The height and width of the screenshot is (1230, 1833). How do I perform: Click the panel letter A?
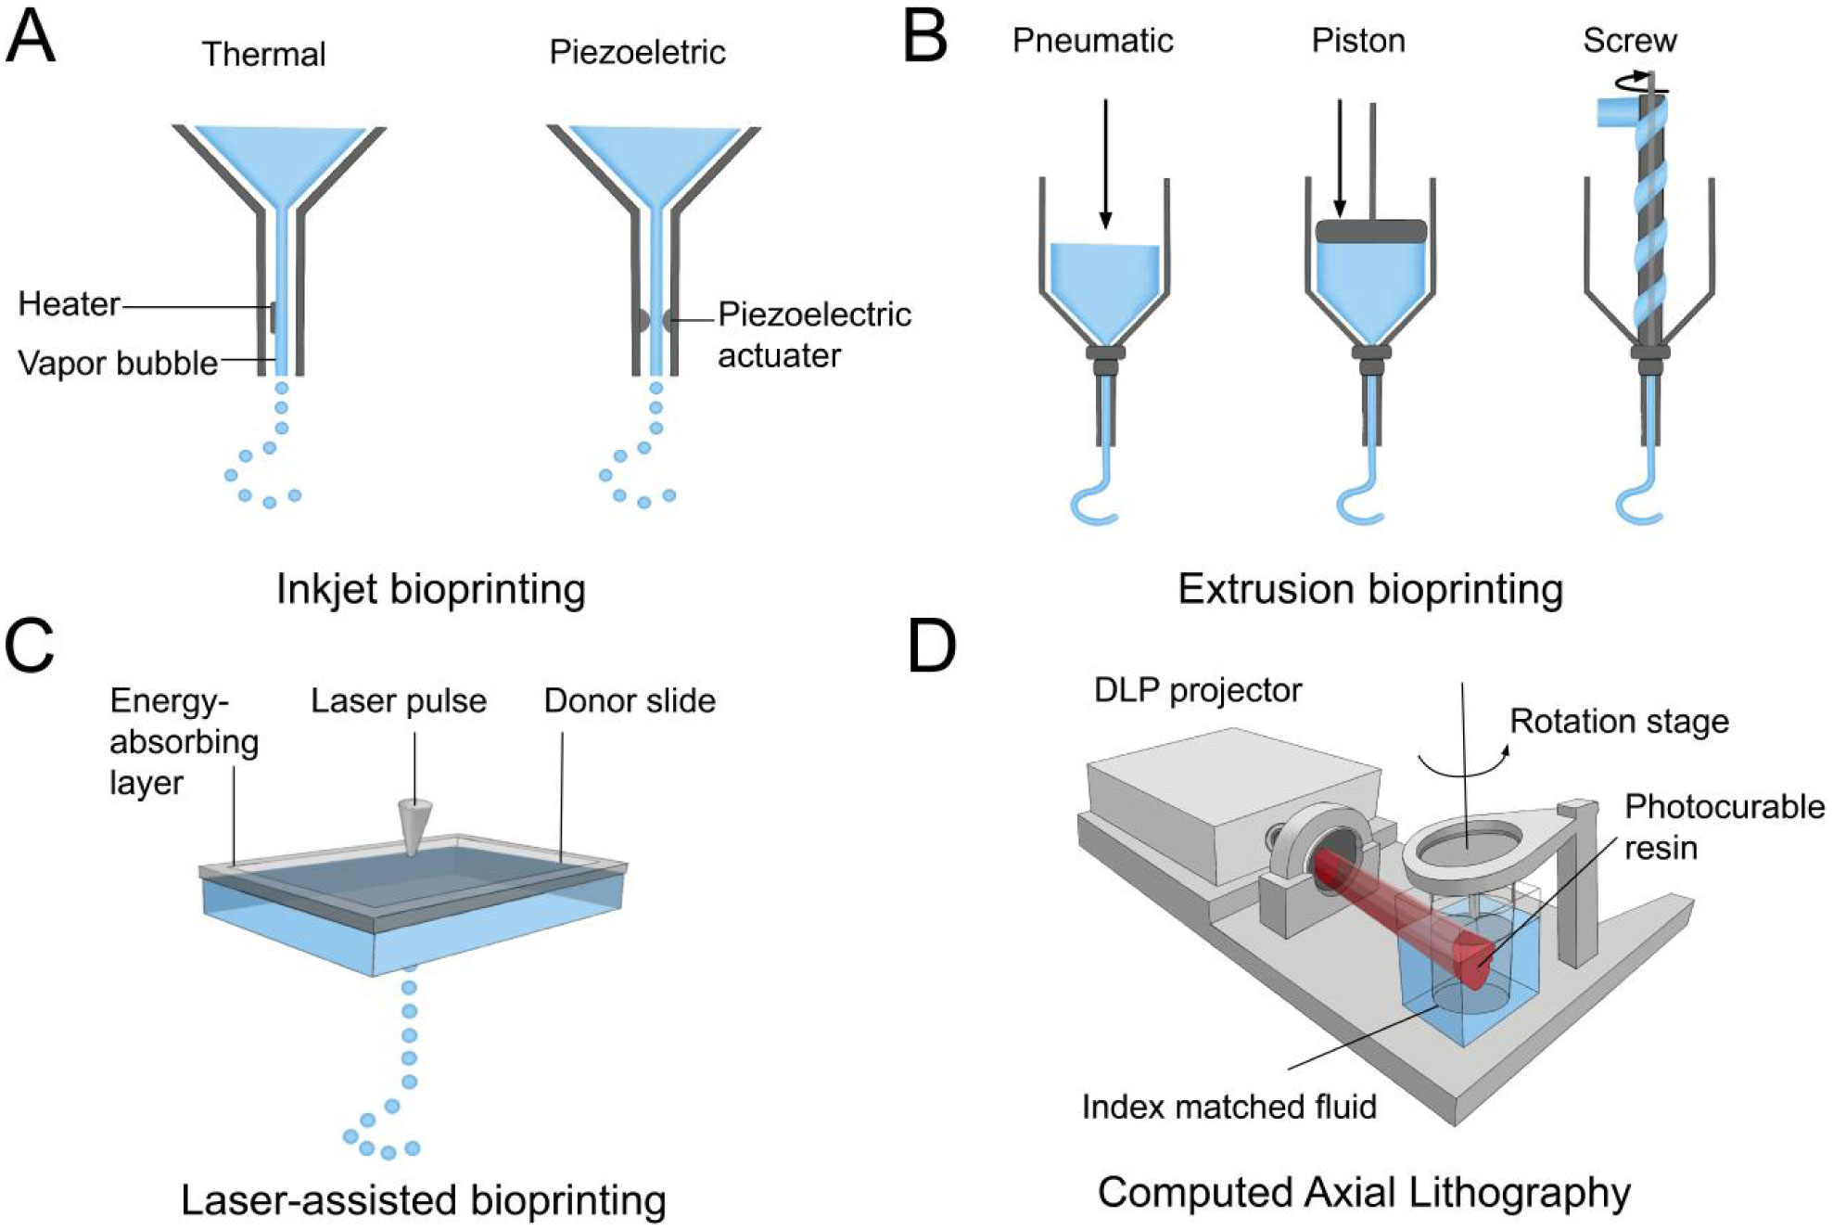(31, 37)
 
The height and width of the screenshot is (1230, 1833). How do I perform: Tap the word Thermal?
(263, 54)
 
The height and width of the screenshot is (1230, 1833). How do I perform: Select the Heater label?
(69, 304)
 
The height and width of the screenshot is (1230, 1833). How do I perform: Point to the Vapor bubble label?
(118, 363)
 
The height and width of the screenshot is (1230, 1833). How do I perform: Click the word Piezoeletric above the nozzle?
(637, 52)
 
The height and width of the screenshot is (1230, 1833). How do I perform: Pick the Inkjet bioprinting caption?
(431, 589)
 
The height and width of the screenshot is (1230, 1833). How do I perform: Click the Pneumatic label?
(1092, 41)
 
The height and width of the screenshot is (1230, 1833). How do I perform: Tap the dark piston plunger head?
(1370, 231)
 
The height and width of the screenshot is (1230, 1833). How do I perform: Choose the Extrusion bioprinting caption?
(1370, 589)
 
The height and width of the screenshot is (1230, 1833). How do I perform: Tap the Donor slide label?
(630, 701)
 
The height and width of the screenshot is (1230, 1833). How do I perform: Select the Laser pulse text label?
(399, 701)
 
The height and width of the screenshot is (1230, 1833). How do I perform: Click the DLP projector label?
(1197, 690)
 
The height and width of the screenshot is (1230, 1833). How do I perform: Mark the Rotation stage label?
(1619, 722)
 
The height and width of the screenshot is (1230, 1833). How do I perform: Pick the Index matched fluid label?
(1228, 1107)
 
